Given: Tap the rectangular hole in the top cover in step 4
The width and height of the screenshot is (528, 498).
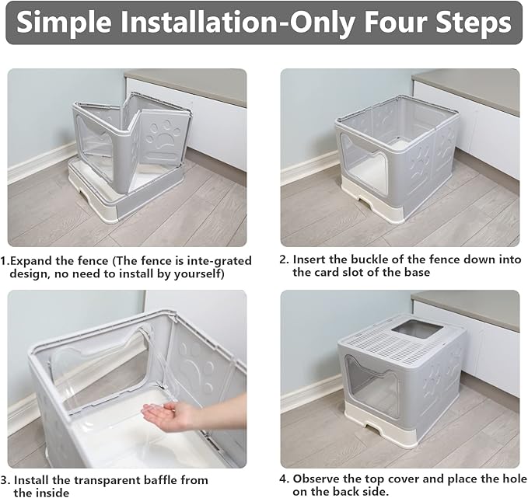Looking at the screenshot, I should [414, 329].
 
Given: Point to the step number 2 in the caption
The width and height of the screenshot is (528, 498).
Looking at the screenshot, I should [284, 260].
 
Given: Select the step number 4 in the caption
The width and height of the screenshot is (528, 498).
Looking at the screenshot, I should [284, 479].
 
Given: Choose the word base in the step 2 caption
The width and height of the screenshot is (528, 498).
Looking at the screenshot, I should [415, 273].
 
